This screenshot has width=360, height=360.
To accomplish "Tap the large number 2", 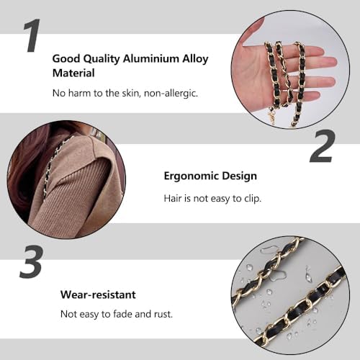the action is click(x=322, y=146).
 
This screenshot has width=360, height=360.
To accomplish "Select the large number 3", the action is click(x=32, y=262).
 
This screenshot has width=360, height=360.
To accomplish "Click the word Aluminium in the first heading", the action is click(x=150, y=58).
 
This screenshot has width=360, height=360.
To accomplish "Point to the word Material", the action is click(x=73, y=73).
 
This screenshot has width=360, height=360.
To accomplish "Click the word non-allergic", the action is click(x=171, y=93).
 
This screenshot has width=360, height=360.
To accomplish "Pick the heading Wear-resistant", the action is click(x=98, y=294).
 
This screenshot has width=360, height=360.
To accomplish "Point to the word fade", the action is click(x=122, y=314).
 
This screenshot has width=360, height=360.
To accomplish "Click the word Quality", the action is click(x=103, y=59).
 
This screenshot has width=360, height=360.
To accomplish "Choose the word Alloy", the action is click(x=195, y=59).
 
